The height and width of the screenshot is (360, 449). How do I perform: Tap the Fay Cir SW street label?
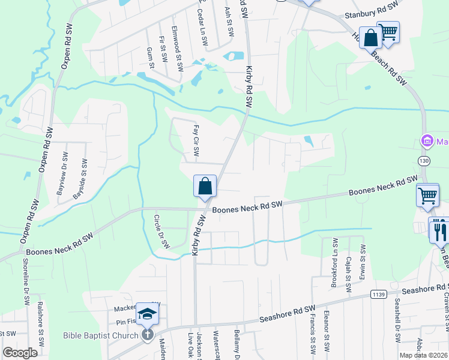pyautogui.click(x=196, y=139)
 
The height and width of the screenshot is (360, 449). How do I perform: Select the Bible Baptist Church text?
pyautogui.click(x=100, y=335)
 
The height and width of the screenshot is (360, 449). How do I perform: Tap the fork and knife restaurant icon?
pyautogui.click(x=440, y=230)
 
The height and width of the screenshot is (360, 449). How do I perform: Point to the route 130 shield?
pyautogui.click(x=424, y=161)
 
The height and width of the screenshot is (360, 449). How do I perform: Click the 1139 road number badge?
pyautogui.click(x=378, y=294)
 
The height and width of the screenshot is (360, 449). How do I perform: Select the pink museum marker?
pyautogui.click(x=427, y=142)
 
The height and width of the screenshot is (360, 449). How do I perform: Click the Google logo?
pyautogui.click(x=20, y=352)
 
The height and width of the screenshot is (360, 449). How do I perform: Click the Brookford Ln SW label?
pyautogui.click(x=334, y=263)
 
